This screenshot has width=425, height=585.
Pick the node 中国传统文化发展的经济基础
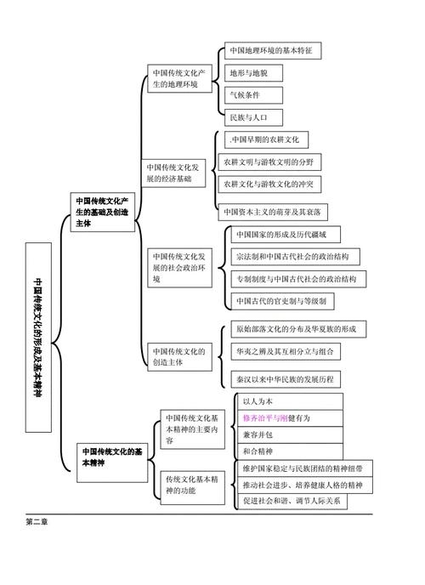tap(174, 173)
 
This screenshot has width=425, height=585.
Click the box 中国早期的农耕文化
tap(266, 139)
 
